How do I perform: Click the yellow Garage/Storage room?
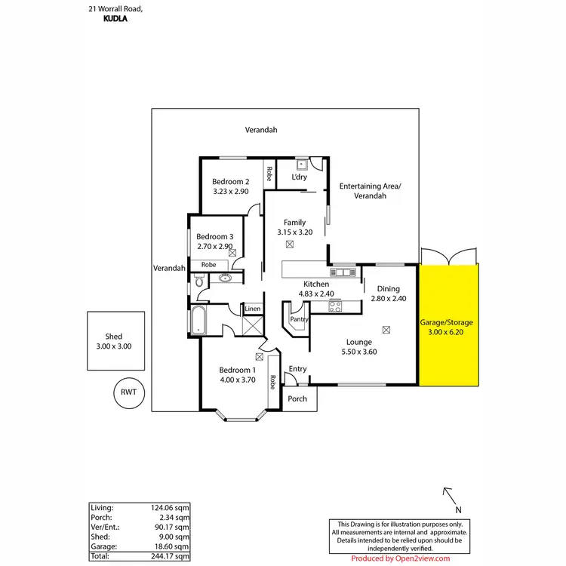[448, 325]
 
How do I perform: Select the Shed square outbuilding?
[114, 341]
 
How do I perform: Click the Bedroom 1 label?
[237, 370]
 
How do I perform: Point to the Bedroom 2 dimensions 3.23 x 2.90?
[230, 192]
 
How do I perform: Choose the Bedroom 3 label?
[215, 236]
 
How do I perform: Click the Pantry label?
[300, 320]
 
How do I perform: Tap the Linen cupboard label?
[252, 309]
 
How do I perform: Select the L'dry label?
[299, 177]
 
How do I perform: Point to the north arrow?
[449, 496]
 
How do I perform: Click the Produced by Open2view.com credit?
[401, 558]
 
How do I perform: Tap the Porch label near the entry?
[297, 398]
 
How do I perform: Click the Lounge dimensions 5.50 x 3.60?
[359, 352]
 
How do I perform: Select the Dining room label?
[388, 288]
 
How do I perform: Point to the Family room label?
[294, 222]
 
